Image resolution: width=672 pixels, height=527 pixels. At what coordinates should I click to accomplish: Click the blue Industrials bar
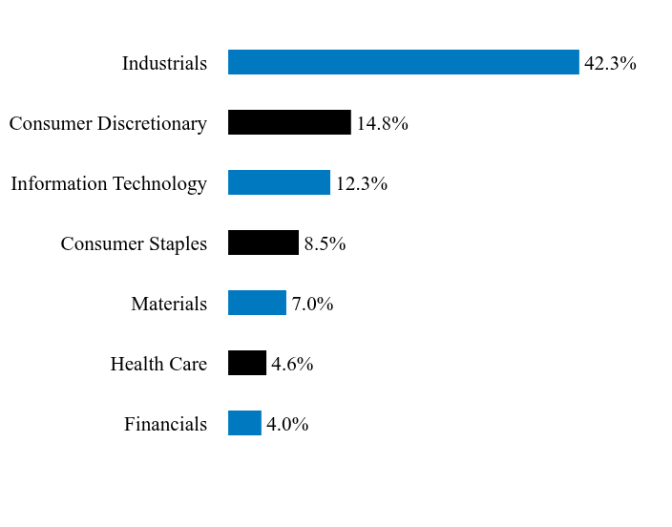(x=403, y=62)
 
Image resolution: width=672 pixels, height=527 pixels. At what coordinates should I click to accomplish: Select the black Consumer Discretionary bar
(x=289, y=122)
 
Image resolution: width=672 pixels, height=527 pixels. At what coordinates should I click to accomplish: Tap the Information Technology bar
(x=279, y=182)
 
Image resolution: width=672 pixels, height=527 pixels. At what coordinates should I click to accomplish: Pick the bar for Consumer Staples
(x=263, y=242)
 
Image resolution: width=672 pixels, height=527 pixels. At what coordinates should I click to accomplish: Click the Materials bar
(x=257, y=303)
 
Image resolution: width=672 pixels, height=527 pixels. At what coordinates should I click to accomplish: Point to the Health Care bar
(x=247, y=363)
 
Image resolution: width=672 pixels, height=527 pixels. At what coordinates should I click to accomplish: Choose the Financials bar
(x=244, y=423)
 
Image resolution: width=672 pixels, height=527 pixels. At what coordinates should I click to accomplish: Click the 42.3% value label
(x=610, y=63)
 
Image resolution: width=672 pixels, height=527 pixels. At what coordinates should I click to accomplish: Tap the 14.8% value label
(x=382, y=123)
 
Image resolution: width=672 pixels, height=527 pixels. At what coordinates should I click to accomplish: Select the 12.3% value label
(x=362, y=183)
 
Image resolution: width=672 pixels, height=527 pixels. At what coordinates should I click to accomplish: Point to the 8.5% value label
(x=325, y=243)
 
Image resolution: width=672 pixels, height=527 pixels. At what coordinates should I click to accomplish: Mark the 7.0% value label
(x=312, y=304)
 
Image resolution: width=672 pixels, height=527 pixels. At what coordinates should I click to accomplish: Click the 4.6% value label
(x=292, y=364)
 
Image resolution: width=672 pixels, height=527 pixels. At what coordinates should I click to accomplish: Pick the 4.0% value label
(x=287, y=424)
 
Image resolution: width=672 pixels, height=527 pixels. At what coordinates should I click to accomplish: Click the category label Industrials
(x=164, y=63)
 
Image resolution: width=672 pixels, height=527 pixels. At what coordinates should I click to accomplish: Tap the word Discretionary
(x=152, y=124)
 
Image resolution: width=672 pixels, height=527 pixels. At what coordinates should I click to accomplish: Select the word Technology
(x=159, y=184)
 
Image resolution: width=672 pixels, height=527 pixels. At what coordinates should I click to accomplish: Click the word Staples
(x=178, y=244)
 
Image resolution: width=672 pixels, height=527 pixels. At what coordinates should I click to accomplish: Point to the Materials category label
(x=169, y=304)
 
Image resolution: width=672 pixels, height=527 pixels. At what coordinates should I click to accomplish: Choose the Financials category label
(x=166, y=424)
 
